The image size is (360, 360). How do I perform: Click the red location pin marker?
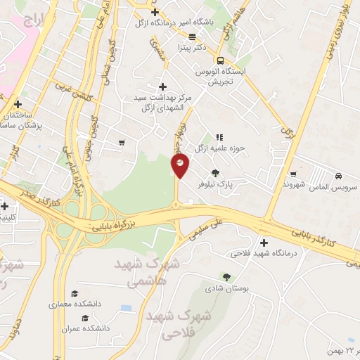pos(180,165)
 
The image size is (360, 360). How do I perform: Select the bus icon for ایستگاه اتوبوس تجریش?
pos(220,60)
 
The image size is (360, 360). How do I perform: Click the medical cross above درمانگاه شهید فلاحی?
pos(264,243)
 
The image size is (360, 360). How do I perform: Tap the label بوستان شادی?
pos(224,288)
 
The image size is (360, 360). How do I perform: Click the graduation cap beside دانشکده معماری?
pos(75,294)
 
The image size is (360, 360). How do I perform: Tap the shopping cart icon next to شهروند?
pos(293,174)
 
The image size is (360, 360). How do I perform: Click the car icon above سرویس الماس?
pos(338,176)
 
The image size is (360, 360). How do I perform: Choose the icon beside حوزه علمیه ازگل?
pos(219,136)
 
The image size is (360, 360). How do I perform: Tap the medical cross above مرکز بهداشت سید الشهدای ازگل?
pos(162,86)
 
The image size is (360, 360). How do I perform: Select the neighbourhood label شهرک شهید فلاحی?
pos(179,323)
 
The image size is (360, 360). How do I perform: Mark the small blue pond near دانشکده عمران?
pos(126,308)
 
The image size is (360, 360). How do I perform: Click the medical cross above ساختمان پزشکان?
pos(18,104)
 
